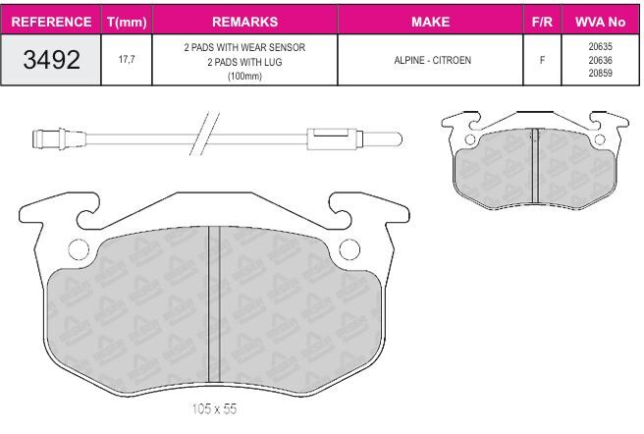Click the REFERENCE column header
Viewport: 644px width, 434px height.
51,22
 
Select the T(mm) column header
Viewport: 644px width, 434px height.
127,22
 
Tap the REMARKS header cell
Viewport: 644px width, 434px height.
244,22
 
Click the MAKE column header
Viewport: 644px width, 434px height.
430,22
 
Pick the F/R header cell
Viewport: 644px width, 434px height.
542,22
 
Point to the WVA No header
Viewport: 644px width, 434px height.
600,22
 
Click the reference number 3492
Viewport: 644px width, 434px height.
51,60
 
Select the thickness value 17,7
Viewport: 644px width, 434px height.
127,60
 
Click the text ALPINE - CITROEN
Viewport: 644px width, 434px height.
432,60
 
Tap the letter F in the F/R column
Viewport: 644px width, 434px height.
542,60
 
